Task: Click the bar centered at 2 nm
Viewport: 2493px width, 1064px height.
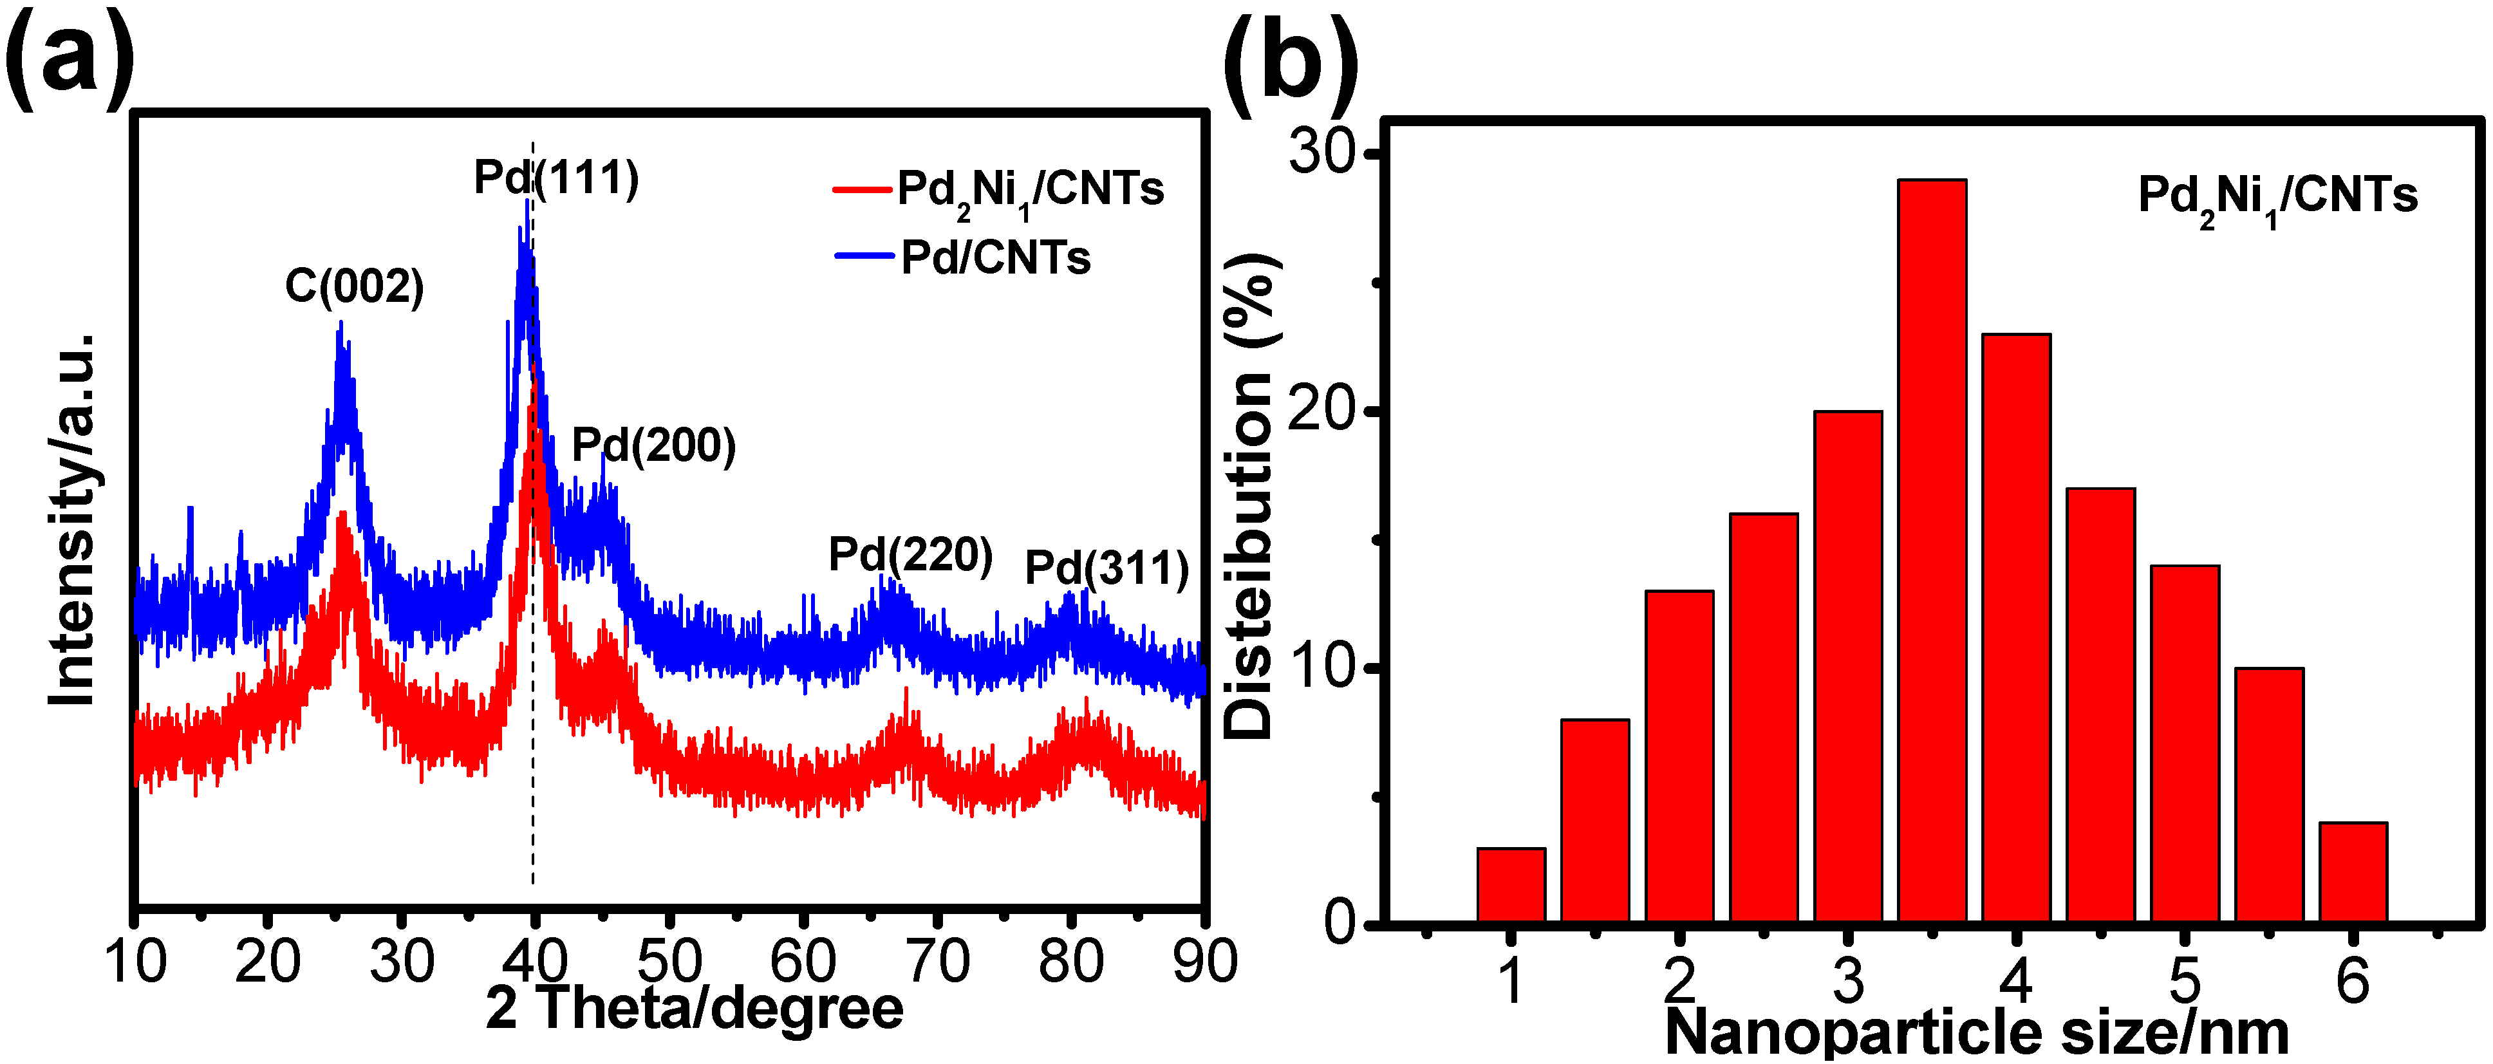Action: [1679, 755]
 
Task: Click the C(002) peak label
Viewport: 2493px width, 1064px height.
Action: [354, 286]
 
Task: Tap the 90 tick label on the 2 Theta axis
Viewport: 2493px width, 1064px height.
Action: [1204, 962]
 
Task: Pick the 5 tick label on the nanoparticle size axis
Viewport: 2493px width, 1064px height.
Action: [2183, 980]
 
